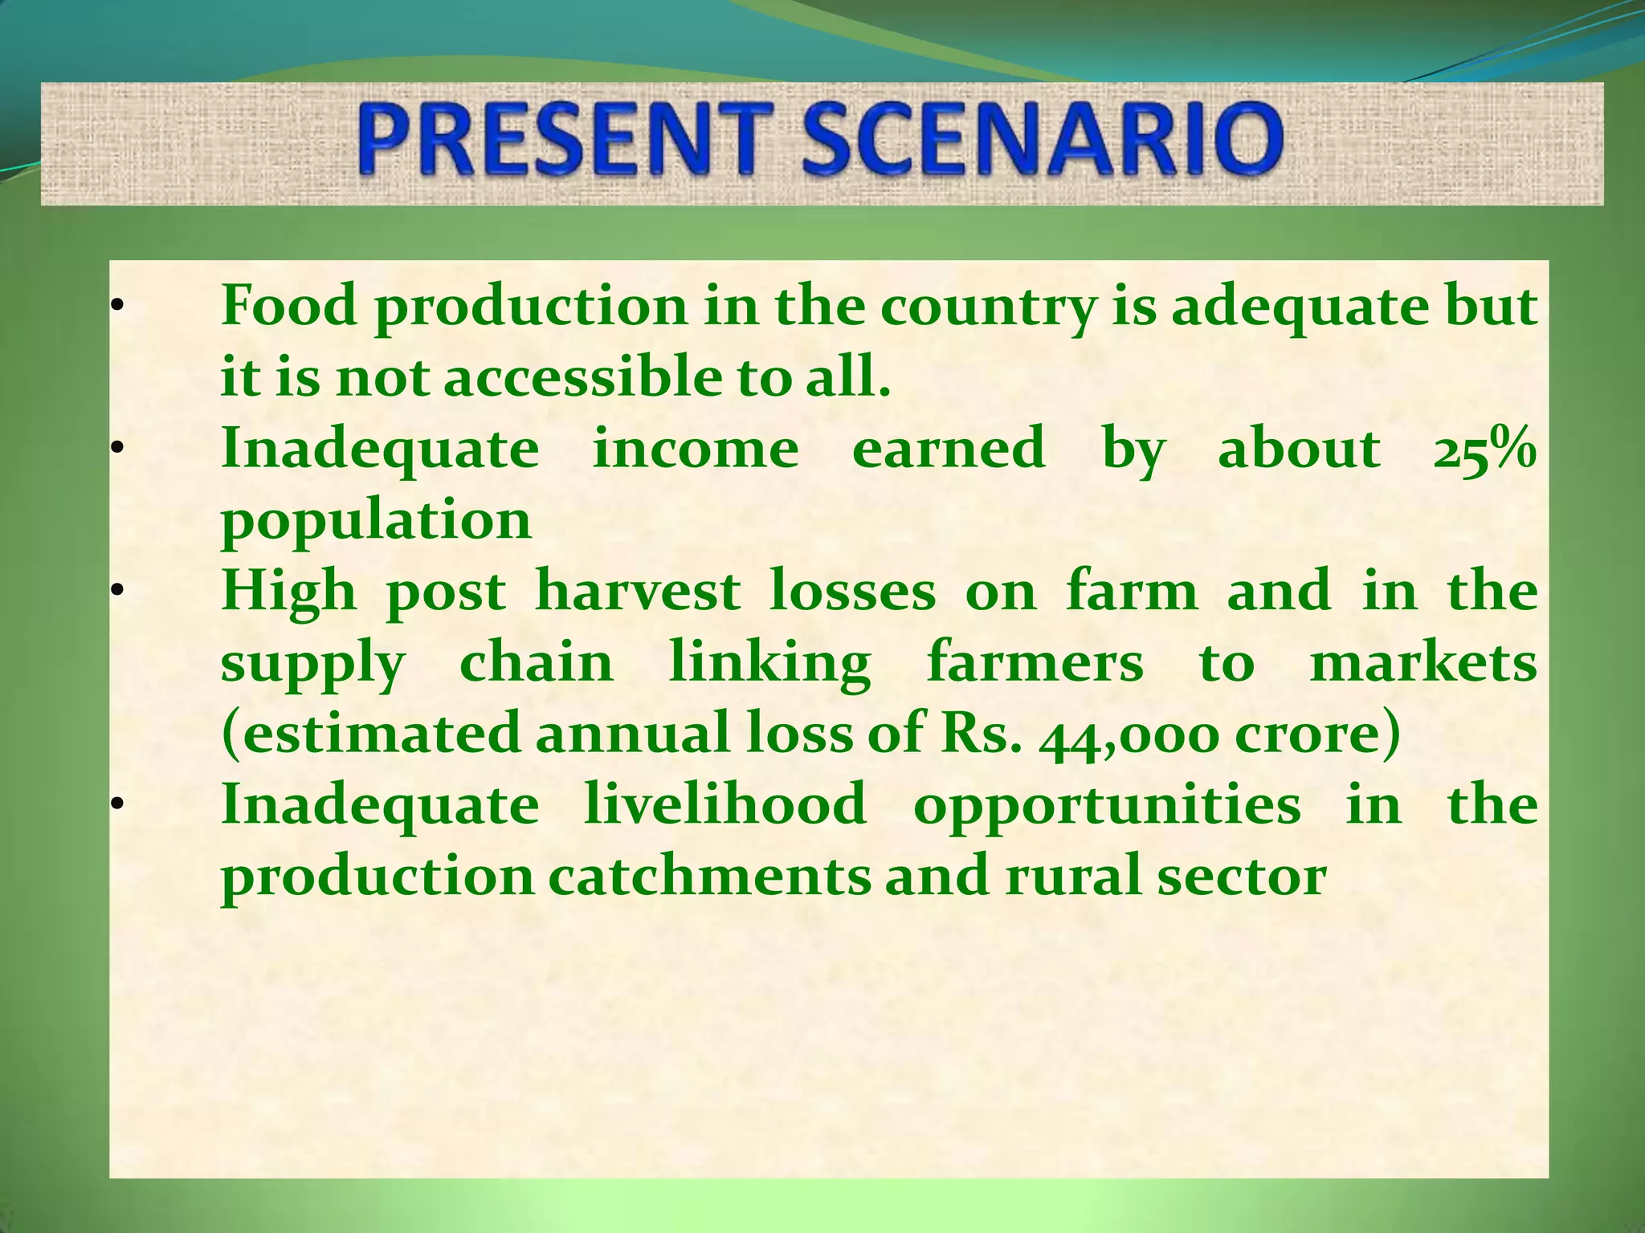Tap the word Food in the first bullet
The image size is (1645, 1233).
point(289,306)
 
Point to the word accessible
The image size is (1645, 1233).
point(583,377)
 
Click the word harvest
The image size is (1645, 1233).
point(638,592)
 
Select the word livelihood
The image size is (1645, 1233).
point(725,804)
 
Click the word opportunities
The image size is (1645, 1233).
point(1107,806)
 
